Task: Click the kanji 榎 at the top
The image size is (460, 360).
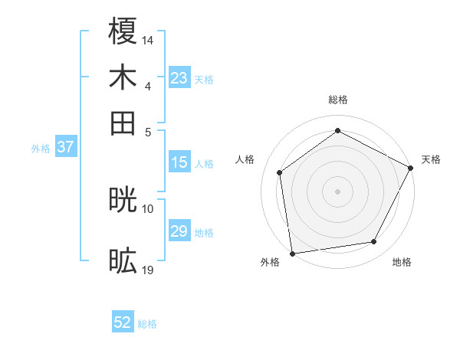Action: [123, 31]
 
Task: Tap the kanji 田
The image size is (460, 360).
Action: [123, 123]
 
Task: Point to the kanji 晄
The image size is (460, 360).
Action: [123, 200]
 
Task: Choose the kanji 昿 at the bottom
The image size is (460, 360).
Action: [123, 261]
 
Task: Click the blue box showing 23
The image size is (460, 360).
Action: [179, 78]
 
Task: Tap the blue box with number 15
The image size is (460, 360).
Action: [179, 162]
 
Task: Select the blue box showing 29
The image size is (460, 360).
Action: [179, 231]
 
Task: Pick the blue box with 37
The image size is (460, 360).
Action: [65, 148]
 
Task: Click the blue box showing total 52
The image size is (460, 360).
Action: [123, 323]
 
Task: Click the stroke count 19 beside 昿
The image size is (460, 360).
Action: [148, 269]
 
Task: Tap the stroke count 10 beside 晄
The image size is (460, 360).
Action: [148, 208]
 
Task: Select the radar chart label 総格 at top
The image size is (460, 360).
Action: [337, 100]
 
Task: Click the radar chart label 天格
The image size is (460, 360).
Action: [431, 159]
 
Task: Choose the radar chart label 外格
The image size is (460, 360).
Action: [270, 262]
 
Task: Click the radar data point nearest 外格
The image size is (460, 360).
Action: [292, 253]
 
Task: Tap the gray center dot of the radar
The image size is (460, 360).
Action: [337, 191]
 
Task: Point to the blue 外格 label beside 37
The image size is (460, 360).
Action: [41, 149]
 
